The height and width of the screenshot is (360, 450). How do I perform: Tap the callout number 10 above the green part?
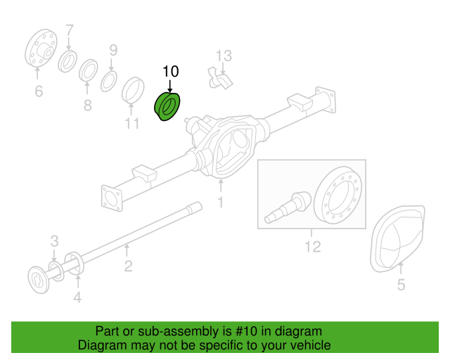pyautogui.click(x=171, y=71)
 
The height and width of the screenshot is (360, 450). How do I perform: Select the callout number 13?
pyautogui.click(x=223, y=56)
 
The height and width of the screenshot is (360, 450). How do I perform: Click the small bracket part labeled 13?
pyautogui.click(x=219, y=78)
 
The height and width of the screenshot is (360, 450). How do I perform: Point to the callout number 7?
pyautogui.click(x=69, y=30)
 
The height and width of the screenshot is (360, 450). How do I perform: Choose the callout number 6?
pyautogui.click(x=38, y=91)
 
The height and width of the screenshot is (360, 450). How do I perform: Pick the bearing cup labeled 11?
pyautogui.click(x=133, y=91)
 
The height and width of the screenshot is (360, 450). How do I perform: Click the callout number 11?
pyautogui.click(x=133, y=124)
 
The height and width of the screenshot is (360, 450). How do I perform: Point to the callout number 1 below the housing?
pyautogui.click(x=220, y=202)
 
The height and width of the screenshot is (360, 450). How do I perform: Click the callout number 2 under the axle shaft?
pyautogui.click(x=128, y=265)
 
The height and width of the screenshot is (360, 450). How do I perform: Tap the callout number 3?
pyautogui.click(x=53, y=243)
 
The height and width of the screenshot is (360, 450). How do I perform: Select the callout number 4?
pyautogui.click(x=77, y=297)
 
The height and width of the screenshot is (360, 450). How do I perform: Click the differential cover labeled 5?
pyautogui.click(x=398, y=238)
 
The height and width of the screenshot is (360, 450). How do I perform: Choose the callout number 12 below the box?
pyautogui.click(x=312, y=246)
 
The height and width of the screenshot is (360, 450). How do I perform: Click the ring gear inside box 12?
pyautogui.click(x=338, y=194)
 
